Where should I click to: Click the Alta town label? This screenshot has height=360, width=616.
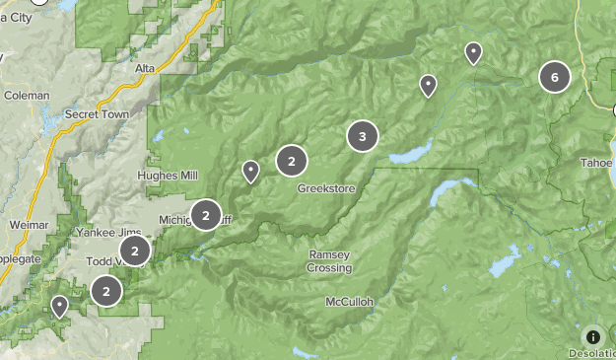click(x=145, y=67)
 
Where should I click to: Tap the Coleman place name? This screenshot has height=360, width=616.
click(x=26, y=96)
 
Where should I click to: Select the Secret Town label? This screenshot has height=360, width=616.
click(x=97, y=114)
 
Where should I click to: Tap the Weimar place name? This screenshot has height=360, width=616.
click(x=29, y=225)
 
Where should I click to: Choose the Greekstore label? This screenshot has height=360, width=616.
click(x=326, y=187)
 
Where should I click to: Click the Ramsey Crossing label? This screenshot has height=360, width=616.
click(x=329, y=261)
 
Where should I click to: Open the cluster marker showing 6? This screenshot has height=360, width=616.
click(x=555, y=77)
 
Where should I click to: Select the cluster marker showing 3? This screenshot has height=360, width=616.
click(x=363, y=136)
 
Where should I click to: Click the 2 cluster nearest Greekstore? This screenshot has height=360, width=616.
click(x=292, y=160)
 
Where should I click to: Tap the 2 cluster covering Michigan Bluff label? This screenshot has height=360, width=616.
click(x=205, y=214)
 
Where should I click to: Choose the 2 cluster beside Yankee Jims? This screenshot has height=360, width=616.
click(x=134, y=251)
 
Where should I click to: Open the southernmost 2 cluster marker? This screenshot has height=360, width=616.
click(x=106, y=291)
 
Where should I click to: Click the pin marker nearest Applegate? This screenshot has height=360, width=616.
click(x=60, y=306)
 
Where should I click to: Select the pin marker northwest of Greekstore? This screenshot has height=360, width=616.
click(x=250, y=172)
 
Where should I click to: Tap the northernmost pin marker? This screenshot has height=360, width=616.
click(x=473, y=53)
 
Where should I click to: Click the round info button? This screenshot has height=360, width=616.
click(x=592, y=336)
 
